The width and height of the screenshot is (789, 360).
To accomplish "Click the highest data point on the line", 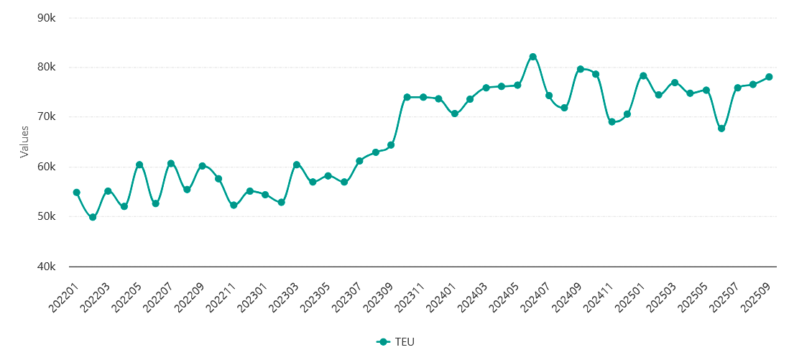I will (532, 57).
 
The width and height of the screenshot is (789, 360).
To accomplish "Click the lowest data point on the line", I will (93, 217).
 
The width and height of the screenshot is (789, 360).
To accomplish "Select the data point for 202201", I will (77, 193).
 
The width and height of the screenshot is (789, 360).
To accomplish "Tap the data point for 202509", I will (769, 77).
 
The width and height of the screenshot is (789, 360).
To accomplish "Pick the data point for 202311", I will (423, 97).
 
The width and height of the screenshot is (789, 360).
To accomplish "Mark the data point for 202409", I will (580, 69).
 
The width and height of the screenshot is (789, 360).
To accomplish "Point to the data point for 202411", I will (612, 122).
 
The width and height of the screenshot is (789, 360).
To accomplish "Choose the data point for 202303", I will (296, 165).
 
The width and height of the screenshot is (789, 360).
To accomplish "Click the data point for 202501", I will (643, 76).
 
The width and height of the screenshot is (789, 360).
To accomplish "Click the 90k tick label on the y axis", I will (47, 17).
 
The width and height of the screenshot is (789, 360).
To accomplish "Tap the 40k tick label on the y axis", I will (47, 267).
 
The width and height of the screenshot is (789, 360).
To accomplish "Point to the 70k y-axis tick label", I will (47, 117).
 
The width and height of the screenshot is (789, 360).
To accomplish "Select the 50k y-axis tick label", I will (47, 216).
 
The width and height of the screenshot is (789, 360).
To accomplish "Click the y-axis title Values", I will (24, 142).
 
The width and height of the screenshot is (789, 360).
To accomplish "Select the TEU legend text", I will (405, 342).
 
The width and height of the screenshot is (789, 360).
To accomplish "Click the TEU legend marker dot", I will (383, 342).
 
